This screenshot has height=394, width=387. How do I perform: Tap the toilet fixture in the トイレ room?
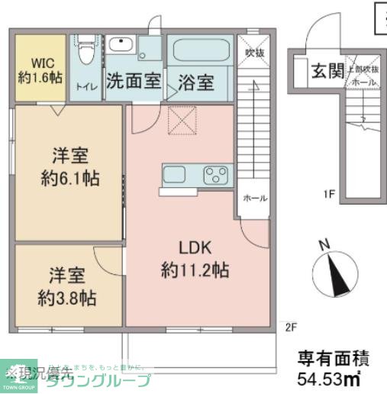click(x=86, y=53)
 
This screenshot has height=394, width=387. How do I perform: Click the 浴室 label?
click(x=195, y=80)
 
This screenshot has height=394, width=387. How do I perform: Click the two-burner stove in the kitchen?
click(x=217, y=175)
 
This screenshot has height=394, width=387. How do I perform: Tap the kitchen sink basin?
click(x=175, y=174)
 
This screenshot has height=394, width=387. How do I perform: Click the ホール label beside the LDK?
click(x=254, y=198)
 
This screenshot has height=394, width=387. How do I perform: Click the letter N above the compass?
click(x=324, y=244)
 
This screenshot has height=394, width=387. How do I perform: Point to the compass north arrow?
click(x=335, y=276)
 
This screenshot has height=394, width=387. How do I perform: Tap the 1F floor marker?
click(x=329, y=195)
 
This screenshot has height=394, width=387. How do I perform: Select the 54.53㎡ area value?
click(x=328, y=377)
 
